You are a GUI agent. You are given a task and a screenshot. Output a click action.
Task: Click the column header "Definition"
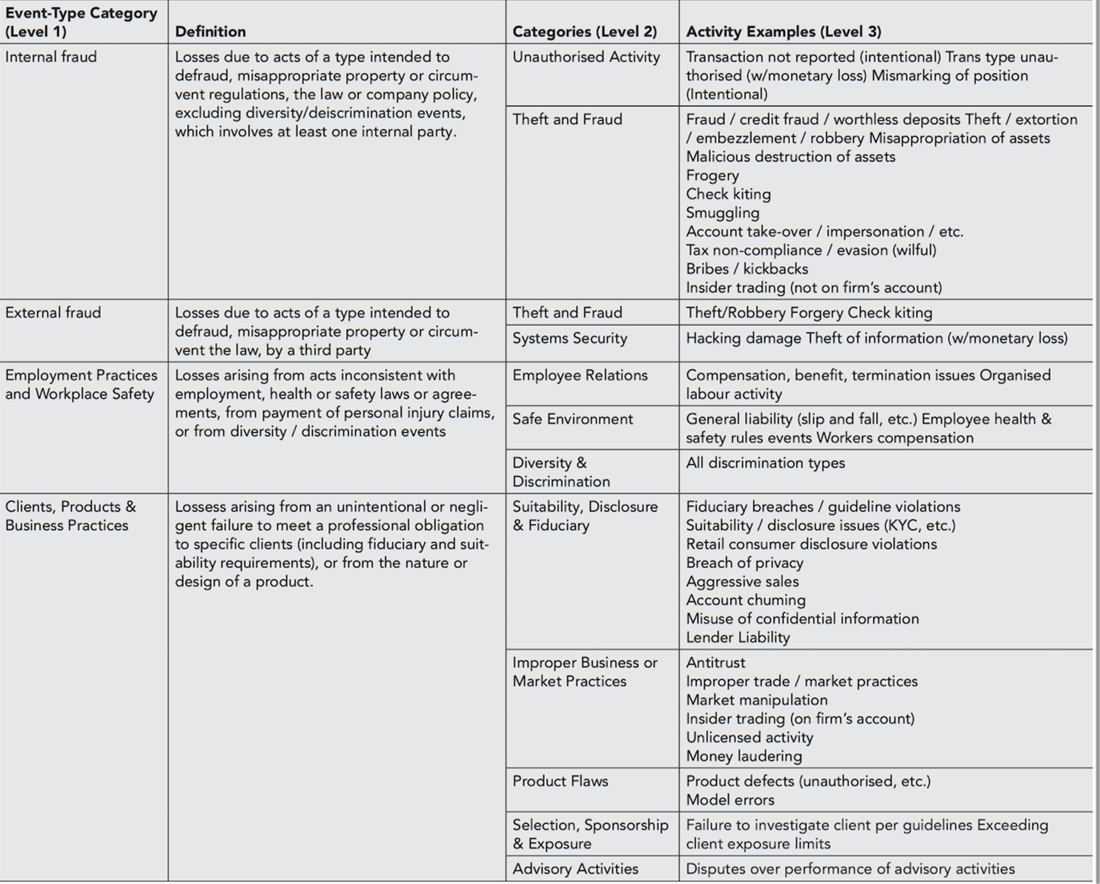210,31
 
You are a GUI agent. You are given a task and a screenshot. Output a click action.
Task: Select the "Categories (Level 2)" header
585,31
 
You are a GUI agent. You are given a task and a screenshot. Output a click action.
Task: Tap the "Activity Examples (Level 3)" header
783,31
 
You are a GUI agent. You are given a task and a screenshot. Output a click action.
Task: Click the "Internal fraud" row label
51,57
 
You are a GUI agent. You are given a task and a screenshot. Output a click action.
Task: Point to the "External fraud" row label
53,312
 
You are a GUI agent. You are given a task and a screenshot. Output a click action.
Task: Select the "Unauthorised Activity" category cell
586,57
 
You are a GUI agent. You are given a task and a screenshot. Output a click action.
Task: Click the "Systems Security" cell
569,338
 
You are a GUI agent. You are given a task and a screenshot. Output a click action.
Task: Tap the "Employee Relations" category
580,375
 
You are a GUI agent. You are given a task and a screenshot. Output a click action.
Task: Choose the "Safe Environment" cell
572,419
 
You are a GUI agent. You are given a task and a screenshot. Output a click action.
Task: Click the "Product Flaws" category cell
560,781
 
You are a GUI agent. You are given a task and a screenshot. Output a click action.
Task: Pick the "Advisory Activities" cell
575,869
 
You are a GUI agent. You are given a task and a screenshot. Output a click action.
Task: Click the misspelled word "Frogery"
712,175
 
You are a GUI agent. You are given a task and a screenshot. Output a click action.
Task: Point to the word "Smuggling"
722,213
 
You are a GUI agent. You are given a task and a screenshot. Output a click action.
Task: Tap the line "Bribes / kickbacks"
747,269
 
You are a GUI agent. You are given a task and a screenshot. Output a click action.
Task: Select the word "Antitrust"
716,662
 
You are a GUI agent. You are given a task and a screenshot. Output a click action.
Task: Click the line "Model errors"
730,800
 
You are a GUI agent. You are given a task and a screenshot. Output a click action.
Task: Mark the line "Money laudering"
744,756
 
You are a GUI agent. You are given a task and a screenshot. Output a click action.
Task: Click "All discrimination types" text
765,463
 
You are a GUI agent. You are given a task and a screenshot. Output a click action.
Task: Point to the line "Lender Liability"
738,637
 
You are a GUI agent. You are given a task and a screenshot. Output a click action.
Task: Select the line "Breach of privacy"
744,563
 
